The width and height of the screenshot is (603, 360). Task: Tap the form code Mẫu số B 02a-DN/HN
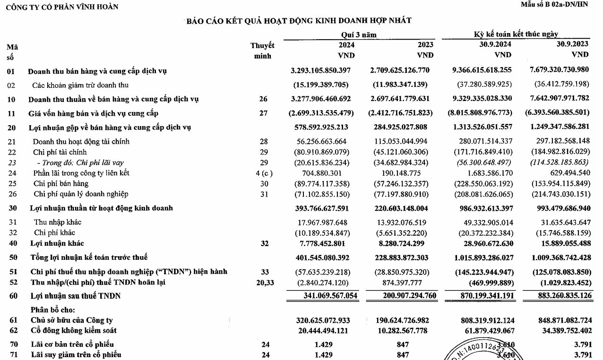560,5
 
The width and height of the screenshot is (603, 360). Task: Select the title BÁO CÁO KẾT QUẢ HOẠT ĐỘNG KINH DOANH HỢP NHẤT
299,20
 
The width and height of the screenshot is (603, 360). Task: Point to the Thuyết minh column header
262,51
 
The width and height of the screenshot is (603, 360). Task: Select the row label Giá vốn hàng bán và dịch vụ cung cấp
93,113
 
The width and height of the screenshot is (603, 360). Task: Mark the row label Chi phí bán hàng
61,183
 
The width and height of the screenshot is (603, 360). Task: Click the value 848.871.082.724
560,320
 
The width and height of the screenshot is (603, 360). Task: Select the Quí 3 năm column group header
359,34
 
